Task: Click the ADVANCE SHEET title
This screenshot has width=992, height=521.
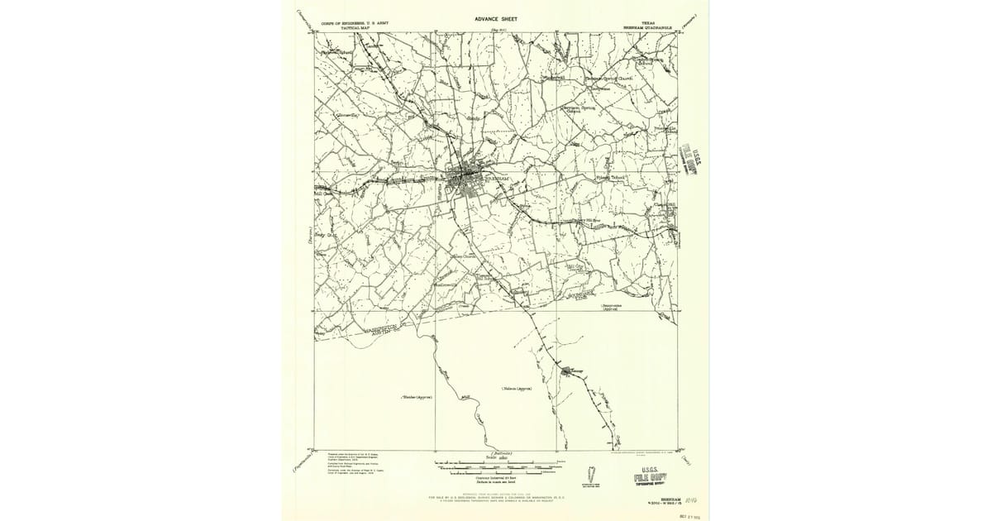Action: click(496, 17)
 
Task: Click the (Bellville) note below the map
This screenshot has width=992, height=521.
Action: click(501, 453)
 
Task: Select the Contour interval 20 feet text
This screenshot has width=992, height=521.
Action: click(496, 477)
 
